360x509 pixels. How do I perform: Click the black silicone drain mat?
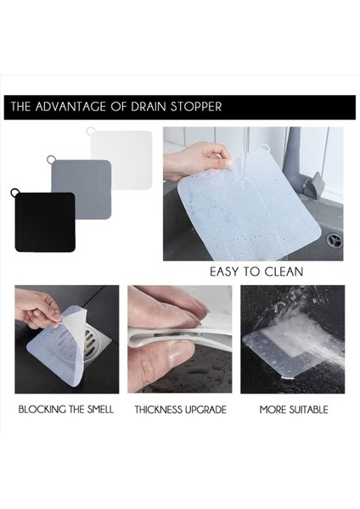pyautogui.click(x=44, y=222)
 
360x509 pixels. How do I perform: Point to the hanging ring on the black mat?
pyautogui.click(x=14, y=193)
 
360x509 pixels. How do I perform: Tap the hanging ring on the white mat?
pyautogui.click(x=91, y=131)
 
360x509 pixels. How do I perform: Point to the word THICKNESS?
pyautogui.click(x=158, y=410)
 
